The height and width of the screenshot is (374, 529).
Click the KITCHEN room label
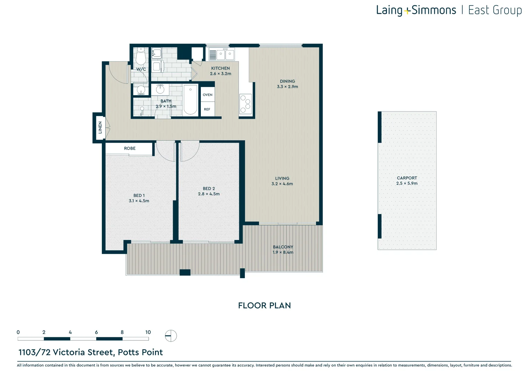point(220,68)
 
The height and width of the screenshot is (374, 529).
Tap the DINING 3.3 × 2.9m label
point(287,84)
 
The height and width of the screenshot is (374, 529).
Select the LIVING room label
point(282,178)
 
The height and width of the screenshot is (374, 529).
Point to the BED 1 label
point(139,195)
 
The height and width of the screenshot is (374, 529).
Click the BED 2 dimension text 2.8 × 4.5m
point(209,194)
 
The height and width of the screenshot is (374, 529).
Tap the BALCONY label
point(283,247)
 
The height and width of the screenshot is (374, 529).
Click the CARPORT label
point(407,178)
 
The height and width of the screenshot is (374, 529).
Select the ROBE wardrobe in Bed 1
point(129,148)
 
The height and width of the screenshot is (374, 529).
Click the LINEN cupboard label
point(100,127)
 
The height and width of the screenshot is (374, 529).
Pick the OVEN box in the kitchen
point(208,95)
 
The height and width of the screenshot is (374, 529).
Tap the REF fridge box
point(207,109)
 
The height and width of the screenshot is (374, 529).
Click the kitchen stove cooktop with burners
point(245,104)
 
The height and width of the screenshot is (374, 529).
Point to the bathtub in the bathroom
point(190,100)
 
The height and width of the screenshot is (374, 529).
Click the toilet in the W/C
point(141,56)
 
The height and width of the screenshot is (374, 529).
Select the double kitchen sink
point(225,54)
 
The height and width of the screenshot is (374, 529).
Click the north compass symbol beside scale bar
point(171,336)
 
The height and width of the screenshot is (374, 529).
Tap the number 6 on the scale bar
point(96,332)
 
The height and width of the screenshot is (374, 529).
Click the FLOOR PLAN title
point(264,305)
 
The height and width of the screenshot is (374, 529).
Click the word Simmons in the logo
point(434,10)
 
